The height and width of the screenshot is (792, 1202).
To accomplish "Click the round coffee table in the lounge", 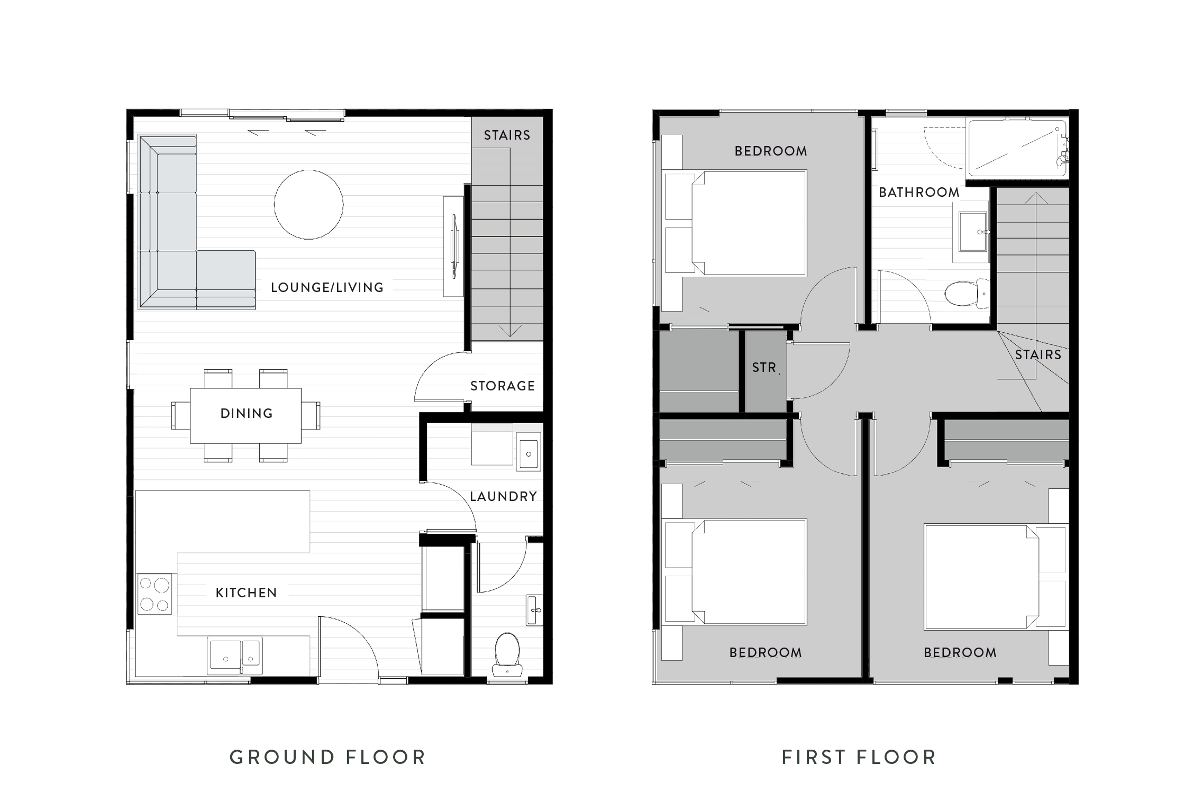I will [308, 204].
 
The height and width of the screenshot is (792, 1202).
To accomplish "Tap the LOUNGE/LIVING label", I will [327, 288].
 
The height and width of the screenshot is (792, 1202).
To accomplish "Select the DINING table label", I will [247, 414].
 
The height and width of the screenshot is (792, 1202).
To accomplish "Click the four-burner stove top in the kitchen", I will [154, 594].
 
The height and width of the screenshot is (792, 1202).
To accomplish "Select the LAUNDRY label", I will [503, 497].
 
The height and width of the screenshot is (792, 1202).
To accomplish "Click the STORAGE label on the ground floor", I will [503, 386].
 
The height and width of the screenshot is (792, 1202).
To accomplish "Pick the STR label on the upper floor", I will [764, 368].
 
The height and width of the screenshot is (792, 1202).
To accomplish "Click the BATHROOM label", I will [919, 193].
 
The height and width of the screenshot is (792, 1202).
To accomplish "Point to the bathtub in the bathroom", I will [1016, 149].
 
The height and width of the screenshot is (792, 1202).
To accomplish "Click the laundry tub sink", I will [529, 451].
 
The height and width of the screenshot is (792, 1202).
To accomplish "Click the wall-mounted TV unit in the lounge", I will [453, 246].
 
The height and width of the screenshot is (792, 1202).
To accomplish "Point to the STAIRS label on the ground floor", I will [507, 135].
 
